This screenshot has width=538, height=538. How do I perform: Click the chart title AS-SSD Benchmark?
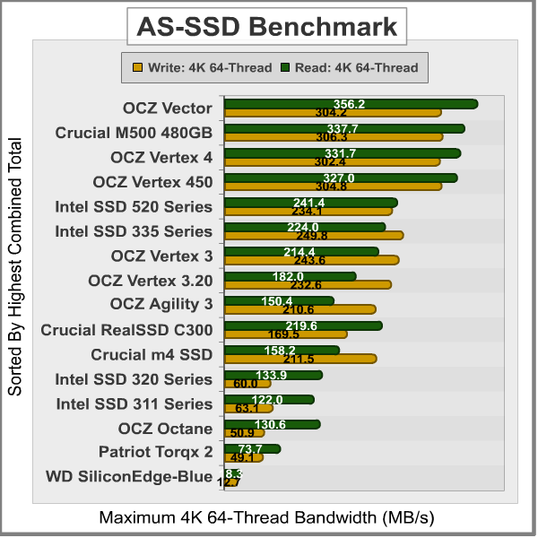pos(266,27)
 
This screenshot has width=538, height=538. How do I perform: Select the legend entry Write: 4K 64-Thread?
pos(202,66)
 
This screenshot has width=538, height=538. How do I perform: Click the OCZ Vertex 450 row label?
pos(152,182)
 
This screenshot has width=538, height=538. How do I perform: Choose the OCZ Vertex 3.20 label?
pos(151,281)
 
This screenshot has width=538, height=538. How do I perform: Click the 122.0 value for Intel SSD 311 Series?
pos(268,400)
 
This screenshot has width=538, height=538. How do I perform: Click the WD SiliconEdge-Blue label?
pos(129,476)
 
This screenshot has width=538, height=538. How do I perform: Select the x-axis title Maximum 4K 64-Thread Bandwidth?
pos(266,518)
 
